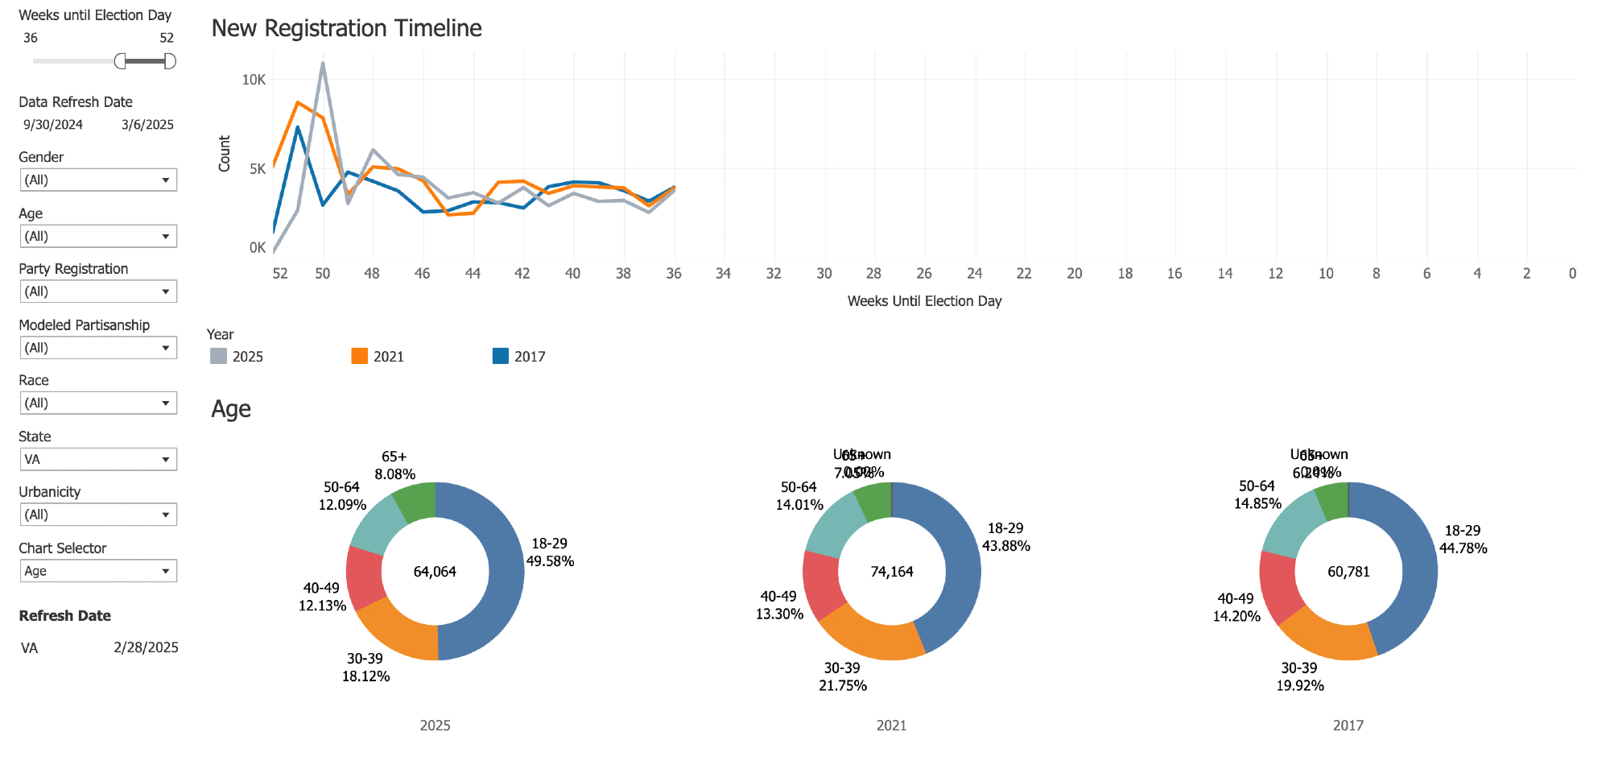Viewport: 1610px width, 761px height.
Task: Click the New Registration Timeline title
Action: pyautogui.click(x=346, y=28)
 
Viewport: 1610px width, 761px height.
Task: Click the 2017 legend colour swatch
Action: pyautogui.click(x=500, y=356)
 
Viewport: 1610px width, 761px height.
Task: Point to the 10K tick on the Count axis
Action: pyautogui.click(x=254, y=80)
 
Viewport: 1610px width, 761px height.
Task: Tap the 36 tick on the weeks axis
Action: pyautogui.click(x=674, y=274)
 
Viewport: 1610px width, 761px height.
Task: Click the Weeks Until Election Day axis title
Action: pyautogui.click(x=924, y=301)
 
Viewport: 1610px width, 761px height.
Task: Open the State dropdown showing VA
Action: pyautogui.click(x=98, y=459)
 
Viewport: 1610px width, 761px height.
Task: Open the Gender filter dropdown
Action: pyautogui.click(x=98, y=180)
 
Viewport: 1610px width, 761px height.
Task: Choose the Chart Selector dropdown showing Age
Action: pyautogui.click(x=98, y=571)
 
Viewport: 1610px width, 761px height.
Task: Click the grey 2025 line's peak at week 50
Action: pyautogui.click(x=323, y=63)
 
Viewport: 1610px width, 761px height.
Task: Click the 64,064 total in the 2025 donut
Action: pyautogui.click(x=435, y=572)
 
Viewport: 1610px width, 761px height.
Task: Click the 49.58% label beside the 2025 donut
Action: pyautogui.click(x=550, y=561)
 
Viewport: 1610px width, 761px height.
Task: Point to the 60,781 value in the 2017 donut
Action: pyautogui.click(x=1348, y=572)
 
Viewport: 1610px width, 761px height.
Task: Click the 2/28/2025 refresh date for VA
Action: pyautogui.click(x=146, y=647)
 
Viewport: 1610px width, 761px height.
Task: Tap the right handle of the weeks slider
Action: pyautogui.click(x=169, y=61)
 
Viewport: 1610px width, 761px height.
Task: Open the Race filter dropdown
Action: pyautogui.click(x=98, y=403)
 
